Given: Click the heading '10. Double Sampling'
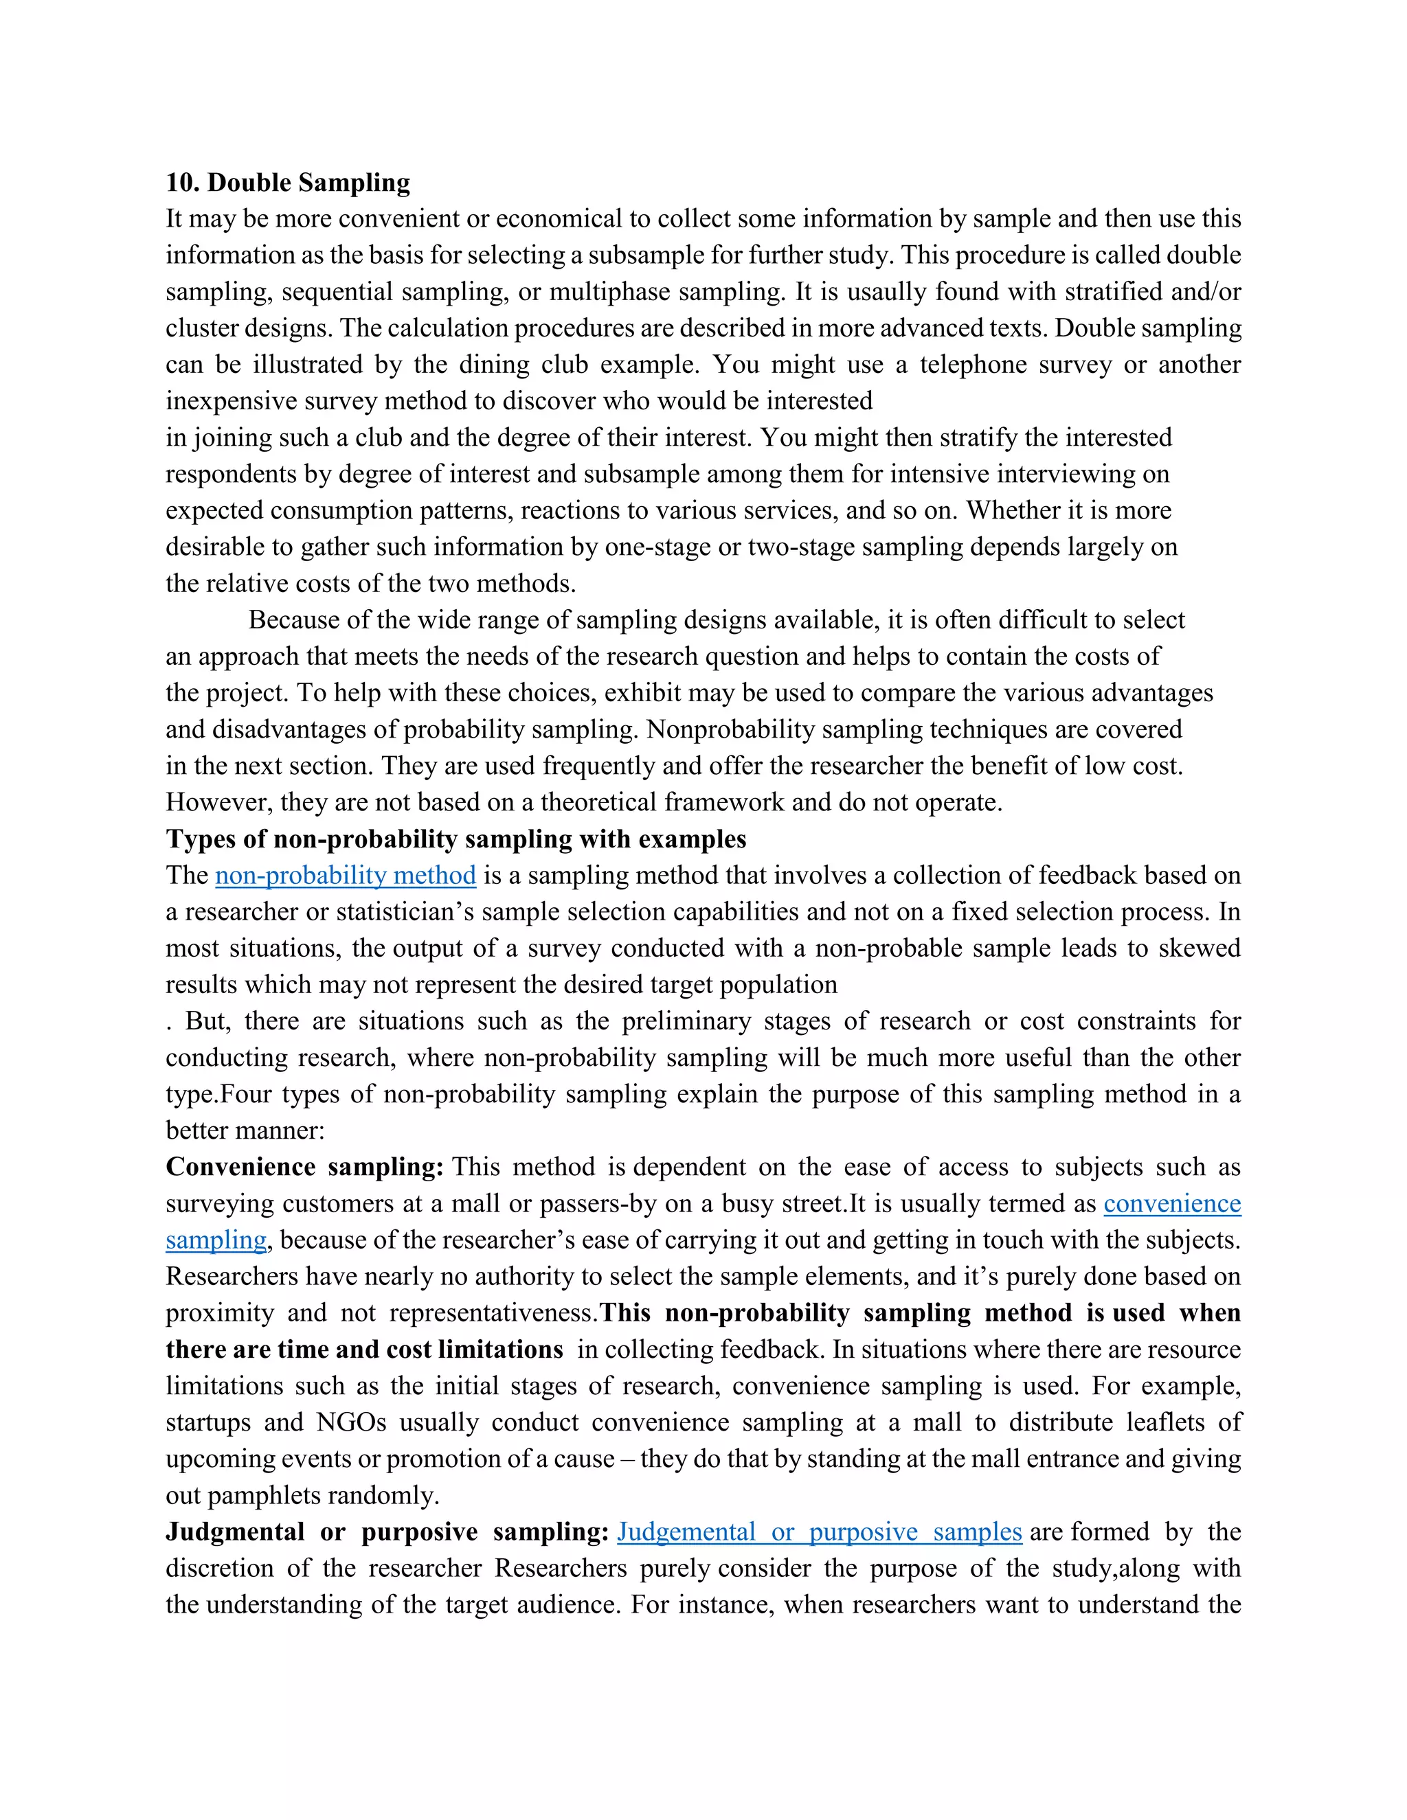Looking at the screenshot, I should click(288, 183).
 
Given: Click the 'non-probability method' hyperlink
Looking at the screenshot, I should click(345, 875).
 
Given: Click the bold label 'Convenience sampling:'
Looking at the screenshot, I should click(304, 1167).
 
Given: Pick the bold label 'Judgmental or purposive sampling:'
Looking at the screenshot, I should click(387, 1532).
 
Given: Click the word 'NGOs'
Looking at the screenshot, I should click(351, 1422).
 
